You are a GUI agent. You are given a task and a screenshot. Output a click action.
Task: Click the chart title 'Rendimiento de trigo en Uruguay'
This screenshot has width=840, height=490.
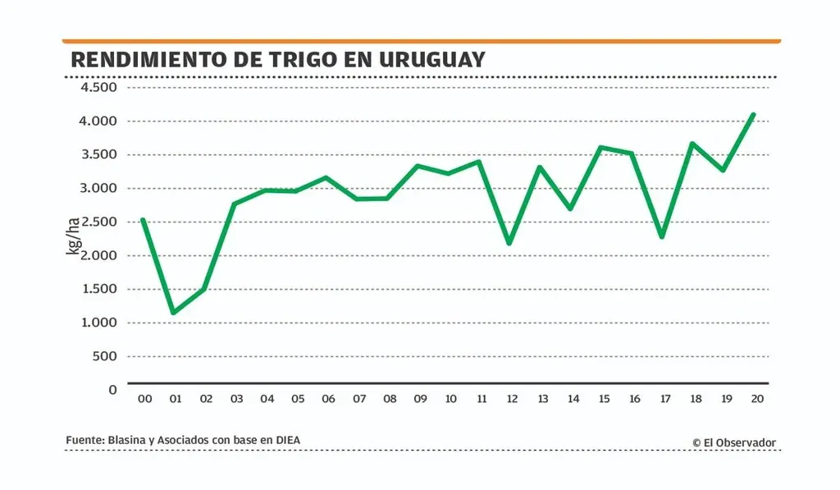[277, 60]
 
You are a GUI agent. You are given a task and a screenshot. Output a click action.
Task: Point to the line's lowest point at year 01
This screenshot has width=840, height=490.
[173, 313]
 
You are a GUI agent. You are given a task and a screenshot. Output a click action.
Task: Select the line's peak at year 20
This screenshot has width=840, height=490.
[753, 114]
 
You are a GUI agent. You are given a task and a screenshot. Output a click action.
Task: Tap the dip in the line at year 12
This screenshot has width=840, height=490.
[510, 243]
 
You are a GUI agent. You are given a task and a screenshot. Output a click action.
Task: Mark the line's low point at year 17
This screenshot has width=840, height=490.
[661, 237]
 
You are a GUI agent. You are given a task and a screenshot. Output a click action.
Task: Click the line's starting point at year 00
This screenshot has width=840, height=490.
[143, 219]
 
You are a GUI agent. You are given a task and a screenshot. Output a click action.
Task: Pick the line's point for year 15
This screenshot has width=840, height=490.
[601, 147]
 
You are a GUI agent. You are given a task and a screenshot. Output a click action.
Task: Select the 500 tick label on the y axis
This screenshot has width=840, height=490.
[105, 356]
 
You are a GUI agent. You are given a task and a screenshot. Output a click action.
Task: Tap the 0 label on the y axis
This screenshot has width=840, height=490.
[113, 389]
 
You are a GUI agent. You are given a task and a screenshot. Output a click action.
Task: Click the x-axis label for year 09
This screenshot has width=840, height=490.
[420, 399]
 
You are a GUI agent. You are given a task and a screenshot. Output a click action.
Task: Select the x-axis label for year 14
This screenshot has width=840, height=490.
[573, 399]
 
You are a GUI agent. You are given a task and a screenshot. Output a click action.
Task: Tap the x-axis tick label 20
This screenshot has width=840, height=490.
[757, 399]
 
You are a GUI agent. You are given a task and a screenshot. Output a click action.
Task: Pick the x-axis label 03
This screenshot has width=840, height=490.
[236, 399]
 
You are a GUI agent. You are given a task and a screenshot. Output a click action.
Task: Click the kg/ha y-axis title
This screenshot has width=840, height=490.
[74, 236]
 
